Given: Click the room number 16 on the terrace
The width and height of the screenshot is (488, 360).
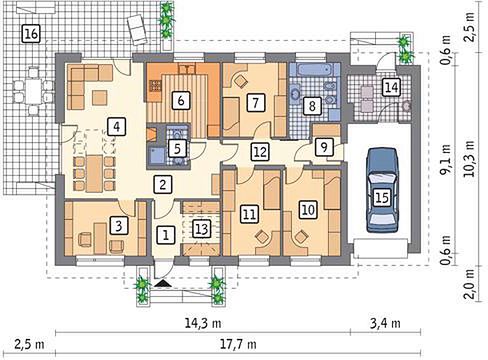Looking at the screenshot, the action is (x=31, y=33).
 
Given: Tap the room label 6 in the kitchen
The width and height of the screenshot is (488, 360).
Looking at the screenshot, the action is (x=181, y=100).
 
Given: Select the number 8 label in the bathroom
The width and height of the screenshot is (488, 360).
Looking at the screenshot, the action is (x=312, y=106).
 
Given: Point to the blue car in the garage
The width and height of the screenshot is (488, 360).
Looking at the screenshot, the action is (x=382, y=190).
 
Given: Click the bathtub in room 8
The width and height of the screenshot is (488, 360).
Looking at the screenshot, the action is (x=315, y=70).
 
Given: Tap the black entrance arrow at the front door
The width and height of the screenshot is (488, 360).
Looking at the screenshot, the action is (x=163, y=283).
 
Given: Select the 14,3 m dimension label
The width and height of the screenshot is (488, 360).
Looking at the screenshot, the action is (x=203, y=323).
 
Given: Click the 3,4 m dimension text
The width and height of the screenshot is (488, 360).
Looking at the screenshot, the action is (x=386, y=323).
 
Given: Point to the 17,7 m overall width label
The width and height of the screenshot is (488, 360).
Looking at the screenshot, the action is (x=240, y=343).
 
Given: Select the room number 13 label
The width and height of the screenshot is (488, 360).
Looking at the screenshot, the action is (x=202, y=230).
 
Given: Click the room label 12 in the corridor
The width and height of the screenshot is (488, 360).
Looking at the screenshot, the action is (x=260, y=152).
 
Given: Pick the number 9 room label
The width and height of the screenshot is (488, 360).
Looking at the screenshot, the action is (x=324, y=147).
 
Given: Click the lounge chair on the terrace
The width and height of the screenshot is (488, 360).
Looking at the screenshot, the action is (x=137, y=30).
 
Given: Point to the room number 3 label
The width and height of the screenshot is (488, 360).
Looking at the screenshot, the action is (x=118, y=226).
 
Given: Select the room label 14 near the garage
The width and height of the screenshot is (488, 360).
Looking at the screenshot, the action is (x=391, y=87).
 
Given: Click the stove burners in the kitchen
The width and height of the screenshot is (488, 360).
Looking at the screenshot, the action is (x=155, y=86).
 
